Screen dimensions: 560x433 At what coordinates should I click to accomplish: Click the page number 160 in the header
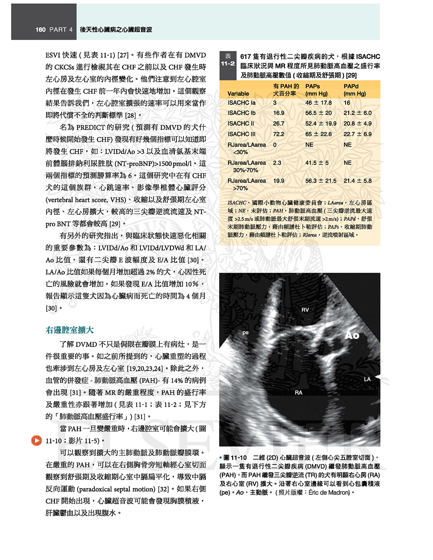tap(41, 30)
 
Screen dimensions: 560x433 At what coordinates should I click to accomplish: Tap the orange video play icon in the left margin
tap(36, 440)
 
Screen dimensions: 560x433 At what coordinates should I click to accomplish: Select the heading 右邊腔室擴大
tap(69, 330)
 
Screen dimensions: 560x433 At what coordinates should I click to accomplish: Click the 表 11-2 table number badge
tap(228, 60)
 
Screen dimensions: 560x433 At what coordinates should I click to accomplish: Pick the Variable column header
tap(238, 93)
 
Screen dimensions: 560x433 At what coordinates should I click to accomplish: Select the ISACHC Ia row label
tap(241, 103)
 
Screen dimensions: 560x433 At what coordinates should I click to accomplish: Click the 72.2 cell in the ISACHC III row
tap(278, 134)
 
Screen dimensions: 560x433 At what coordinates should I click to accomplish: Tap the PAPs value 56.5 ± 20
tap(318, 113)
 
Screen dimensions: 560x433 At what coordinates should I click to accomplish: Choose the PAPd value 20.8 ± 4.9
tap(357, 123)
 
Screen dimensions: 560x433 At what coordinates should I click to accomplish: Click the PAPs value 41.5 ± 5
tap(317, 163)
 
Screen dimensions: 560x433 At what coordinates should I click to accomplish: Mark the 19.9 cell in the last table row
tap(278, 181)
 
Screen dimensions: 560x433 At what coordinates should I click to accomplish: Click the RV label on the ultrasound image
tap(305, 310)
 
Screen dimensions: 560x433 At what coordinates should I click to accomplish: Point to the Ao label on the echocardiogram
tap(352, 335)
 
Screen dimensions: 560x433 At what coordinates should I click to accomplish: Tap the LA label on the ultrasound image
tap(367, 379)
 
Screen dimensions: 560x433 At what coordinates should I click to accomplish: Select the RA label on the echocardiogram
tap(299, 393)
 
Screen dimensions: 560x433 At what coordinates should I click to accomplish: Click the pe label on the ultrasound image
tap(245, 333)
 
